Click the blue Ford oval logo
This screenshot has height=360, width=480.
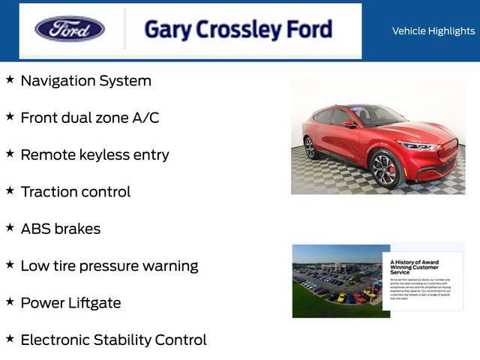tap(70, 29)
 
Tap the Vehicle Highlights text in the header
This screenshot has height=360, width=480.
tap(433, 31)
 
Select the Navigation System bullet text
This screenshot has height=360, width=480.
tap(85, 81)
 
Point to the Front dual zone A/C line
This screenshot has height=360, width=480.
tap(89, 118)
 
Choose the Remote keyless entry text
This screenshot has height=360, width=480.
tap(94, 154)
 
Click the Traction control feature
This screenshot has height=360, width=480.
tap(75, 192)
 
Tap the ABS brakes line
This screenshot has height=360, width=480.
tap(60, 229)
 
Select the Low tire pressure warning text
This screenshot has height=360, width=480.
tap(109, 265)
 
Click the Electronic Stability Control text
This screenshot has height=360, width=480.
tap(113, 340)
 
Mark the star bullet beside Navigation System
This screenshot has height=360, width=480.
tap(10, 79)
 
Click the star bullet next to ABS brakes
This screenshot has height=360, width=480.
tap(10, 226)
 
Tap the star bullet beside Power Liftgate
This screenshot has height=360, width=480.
tap(10, 301)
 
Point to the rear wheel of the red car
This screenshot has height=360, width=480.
tap(310, 148)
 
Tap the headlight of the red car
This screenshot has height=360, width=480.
tap(416, 145)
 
